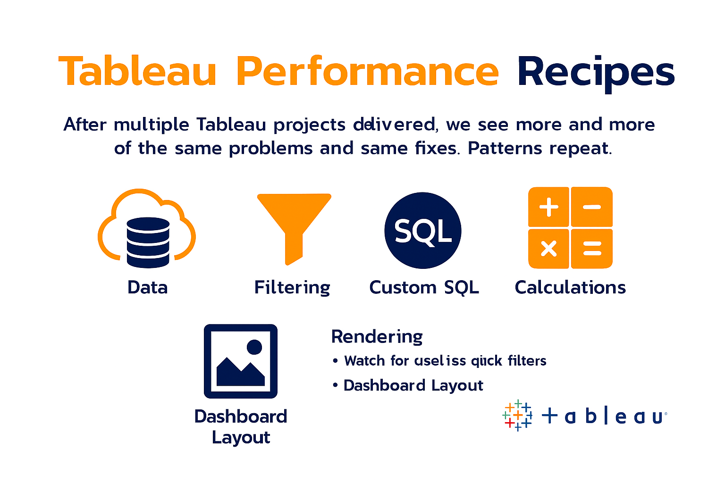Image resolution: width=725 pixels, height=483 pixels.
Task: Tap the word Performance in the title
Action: [367, 72]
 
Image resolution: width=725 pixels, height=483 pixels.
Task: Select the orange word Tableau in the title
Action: [137, 72]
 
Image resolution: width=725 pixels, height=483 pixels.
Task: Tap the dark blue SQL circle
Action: [422, 231]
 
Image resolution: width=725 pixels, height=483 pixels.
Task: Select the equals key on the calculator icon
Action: [592, 248]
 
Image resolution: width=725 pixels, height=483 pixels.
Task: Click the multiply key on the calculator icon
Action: [548, 248]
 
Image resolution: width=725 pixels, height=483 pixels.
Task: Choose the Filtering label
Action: [292, 287]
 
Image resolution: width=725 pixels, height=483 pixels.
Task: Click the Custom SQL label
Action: [424, 287]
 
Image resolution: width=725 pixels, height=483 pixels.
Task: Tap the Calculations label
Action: [570, 287]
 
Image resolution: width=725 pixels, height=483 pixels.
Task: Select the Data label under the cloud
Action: [147, 287]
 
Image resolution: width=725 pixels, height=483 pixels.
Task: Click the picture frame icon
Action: [240, 361]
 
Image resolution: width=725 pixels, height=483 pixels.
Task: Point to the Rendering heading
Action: [377, 337]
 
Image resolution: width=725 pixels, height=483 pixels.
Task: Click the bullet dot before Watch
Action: [335, 361]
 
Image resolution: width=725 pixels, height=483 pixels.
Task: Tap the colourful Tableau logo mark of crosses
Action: [517, 416]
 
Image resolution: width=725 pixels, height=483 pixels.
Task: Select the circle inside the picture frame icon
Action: [254, 347]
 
